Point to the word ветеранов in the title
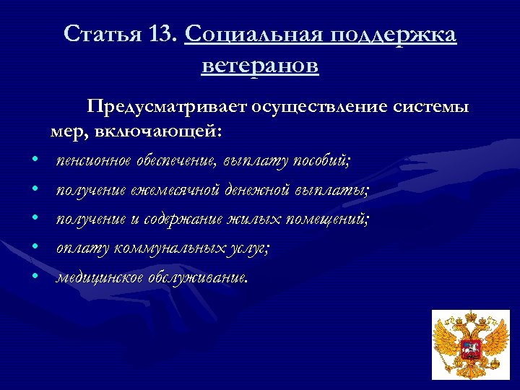click(x=260, y=66)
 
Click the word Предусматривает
click(x=167, y=108)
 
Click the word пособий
click(x=323, y=160)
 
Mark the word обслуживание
click(x=196, y=277)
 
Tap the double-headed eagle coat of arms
click(x=470, y=344)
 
